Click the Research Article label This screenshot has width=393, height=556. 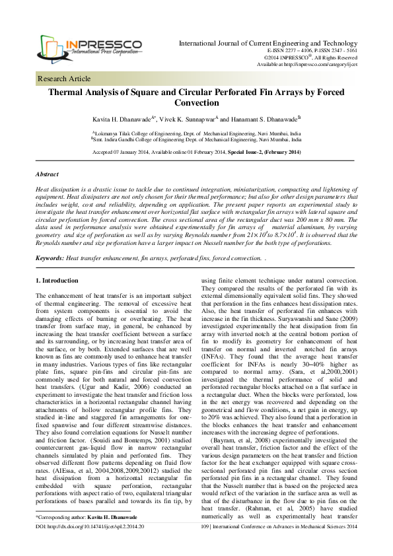[x=65, y=79]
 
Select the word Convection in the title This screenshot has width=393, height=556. [x=196, y=104]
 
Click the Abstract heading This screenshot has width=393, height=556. [x=47, y=174]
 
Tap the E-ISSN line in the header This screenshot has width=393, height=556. [x=312, y=50]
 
